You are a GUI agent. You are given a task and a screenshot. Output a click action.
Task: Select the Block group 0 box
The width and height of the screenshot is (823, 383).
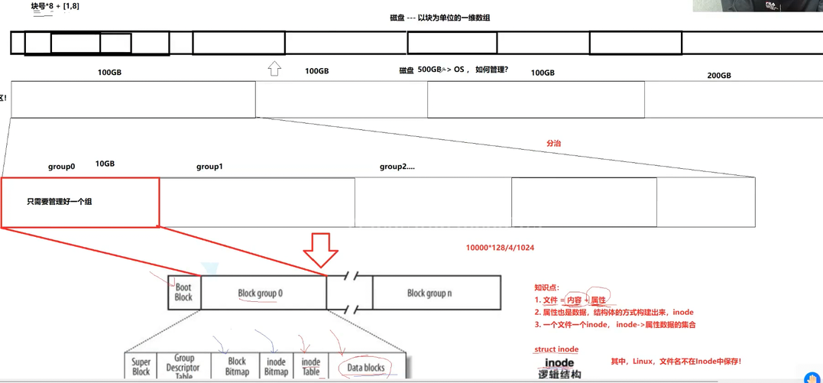pos(260,293)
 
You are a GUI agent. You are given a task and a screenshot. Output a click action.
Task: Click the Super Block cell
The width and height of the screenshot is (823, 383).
pos(141,366)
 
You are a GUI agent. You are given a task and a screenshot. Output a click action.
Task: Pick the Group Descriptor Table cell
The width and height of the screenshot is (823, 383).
pos(184,366)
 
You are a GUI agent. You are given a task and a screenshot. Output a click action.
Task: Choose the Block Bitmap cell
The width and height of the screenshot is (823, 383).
pos(237,366)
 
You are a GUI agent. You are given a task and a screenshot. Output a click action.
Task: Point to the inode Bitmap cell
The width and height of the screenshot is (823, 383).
pos(276,366)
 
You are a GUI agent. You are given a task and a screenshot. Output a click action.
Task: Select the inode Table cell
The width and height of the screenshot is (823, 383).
pos(311,366)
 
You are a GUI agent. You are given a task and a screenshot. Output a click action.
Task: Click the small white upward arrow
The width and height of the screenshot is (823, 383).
pos(274,70)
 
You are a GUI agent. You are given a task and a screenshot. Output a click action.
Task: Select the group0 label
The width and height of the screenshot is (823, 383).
pos(61,166)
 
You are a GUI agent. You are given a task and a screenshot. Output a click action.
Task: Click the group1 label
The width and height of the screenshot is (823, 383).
pos(209,166)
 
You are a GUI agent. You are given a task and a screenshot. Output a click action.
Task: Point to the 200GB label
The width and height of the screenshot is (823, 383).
pos(719,75)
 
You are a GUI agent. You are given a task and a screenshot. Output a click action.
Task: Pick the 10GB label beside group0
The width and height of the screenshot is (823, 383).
pos(105,164)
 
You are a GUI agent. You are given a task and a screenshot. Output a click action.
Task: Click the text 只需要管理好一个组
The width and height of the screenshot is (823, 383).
pos(60,201)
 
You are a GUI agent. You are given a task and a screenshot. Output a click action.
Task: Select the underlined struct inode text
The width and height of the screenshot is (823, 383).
pos(556,349)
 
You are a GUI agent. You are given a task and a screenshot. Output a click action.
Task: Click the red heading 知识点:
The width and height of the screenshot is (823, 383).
pos(548,287)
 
